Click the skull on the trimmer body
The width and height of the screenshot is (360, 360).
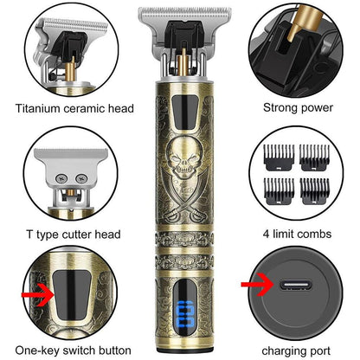(183, 158)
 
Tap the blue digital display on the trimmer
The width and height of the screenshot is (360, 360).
(184, 313)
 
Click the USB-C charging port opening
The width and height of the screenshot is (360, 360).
(295, 285)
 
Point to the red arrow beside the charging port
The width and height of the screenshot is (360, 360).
(258, 285)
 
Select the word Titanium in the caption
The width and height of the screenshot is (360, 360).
(37, 109)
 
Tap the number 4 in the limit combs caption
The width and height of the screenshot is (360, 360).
(267, 234)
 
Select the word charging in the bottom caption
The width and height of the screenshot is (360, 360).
(283, 351)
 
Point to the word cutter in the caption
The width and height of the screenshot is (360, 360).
(78, 235)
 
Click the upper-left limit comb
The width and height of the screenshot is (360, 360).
(279, 157)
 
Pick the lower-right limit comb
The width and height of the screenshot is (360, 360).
(314, 192)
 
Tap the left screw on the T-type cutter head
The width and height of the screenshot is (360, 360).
(61, 179)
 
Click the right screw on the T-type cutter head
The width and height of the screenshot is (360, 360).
(81, 179)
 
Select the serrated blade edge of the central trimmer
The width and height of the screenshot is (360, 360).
(184, 12)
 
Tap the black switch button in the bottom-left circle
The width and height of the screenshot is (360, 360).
(72, 295)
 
